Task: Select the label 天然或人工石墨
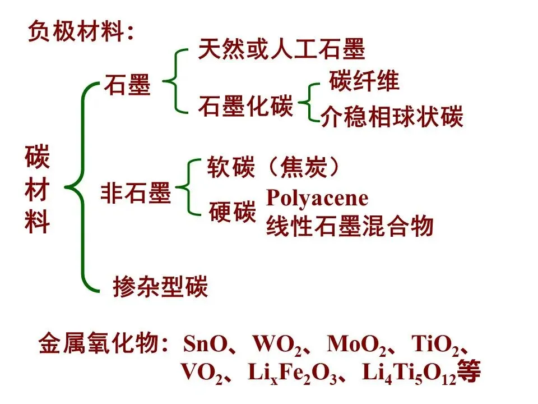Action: pos(281,49)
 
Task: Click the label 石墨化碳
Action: pos(245,106)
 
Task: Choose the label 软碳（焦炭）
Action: pos(273,167)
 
